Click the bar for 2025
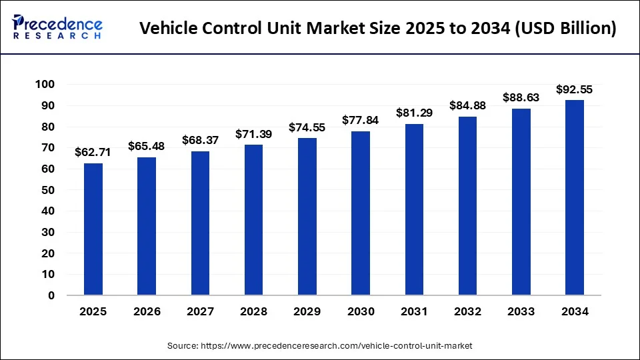coord(93,229)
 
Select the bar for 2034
coord(575,197)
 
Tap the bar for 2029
coord(307,216)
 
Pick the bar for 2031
coord(414,209)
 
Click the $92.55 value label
coord(575,89)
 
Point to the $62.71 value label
coord(93,153)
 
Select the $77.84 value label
coord(361,120)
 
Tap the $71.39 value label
coord(253,134)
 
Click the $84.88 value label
coord(467,105)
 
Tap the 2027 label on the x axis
coord(200,311)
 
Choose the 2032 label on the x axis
coord(467,311)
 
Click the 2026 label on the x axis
coord(147,311)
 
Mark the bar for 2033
coord(521,201)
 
